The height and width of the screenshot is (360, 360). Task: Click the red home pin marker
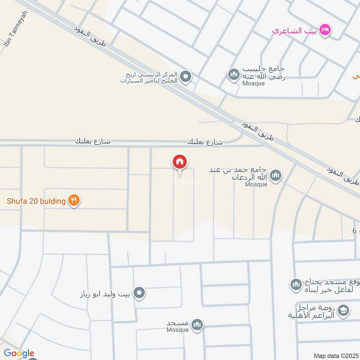click(180, 162)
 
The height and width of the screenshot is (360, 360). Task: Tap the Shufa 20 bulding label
click(36, 201)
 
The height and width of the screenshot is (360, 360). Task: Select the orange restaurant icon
click(74, 201)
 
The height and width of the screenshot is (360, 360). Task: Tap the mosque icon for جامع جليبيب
click(234, 74)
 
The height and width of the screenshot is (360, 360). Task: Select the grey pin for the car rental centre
click(186, 76)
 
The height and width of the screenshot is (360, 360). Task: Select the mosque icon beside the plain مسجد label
click(197, 324)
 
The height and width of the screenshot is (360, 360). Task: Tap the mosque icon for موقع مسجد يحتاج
click(296, 284)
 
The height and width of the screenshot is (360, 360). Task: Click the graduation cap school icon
click(343, 310)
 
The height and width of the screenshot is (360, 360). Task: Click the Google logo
click(18, 353)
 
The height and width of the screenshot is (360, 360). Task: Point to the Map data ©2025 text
click(335, 355)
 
